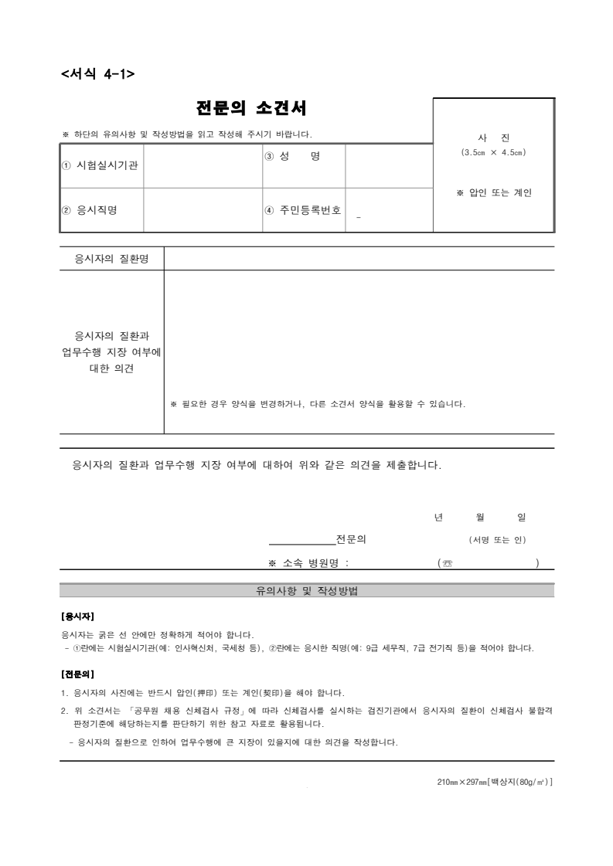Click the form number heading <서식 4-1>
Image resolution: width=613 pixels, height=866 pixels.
pos(97,74)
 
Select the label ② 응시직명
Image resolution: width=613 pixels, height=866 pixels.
pos(90,209)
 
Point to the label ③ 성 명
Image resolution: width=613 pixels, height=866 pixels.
pos(292,156)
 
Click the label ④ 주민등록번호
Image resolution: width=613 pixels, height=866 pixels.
pos(303,209)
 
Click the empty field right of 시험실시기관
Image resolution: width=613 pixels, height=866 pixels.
pos(203,165)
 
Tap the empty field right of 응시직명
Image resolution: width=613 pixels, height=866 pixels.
pos(203,209)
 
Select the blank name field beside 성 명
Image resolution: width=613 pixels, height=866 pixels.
pos(388,165)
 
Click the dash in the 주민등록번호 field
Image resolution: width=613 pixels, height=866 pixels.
pos(359,217)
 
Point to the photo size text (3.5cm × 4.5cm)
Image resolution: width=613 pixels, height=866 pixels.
pos(493,152)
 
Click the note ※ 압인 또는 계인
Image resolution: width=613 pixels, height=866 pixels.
pos(495,192)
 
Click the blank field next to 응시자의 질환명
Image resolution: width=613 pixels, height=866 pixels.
pos(359,258)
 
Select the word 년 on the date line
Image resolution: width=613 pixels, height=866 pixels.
pos(439,517)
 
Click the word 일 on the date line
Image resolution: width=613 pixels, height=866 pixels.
pos(521,517)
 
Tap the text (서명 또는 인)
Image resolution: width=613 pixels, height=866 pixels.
pos(498,539)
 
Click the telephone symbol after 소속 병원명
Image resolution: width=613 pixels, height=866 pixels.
pos(447,563)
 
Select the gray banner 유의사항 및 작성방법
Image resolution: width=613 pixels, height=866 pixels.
pos(307,591)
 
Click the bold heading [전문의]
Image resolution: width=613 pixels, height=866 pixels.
pos(77,674)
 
